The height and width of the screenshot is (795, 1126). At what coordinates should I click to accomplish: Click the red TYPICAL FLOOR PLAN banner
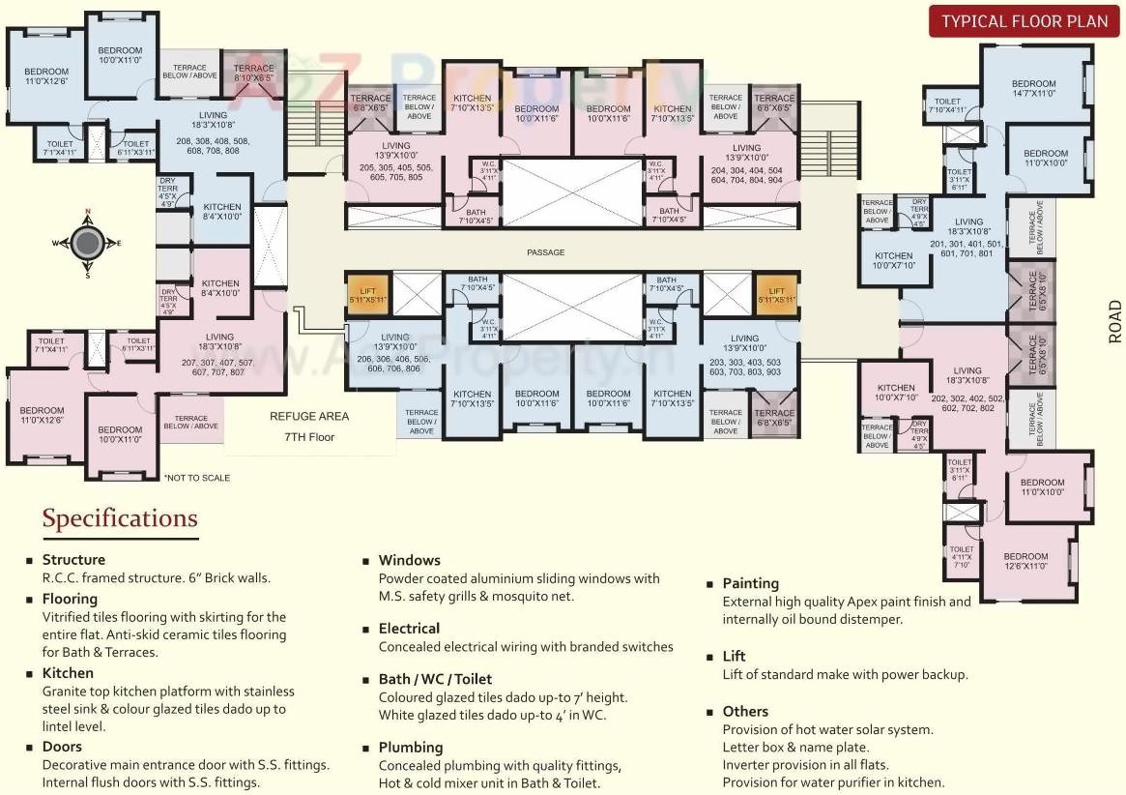pyautogui.click(x=1025, y=21)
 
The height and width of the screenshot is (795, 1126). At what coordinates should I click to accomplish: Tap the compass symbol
pyautogui.click(x=87, y=243)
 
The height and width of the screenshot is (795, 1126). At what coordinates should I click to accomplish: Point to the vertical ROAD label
pyautogui.click(x=1115, y=321)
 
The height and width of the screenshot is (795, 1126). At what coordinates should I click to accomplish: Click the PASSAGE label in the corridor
pyautogui.click(x=545, y=252)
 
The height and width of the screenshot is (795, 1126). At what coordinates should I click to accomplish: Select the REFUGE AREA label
pyautogui.click(x=309, y=417)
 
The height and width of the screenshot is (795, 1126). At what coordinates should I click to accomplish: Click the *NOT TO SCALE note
pyautogui.click(x=196, y=478)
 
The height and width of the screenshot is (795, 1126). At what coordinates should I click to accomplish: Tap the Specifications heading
pyautogui.click(x=120, y=518)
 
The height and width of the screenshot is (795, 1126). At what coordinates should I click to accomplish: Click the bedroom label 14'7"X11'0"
pyautogui.click(x=1033, y=90)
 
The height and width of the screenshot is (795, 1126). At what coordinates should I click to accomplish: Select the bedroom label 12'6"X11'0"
pyautogui.click(x=1025, y=562)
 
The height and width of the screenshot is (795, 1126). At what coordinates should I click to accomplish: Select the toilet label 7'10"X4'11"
pyautogui.click(x=947, y=106)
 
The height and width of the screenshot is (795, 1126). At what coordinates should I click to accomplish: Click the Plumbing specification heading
pyautogui.click(x=411, y=748)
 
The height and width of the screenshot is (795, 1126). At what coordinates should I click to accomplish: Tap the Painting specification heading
pyautogui.click(x=750, y=583)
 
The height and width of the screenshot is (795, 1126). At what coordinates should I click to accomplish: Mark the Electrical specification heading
pyautogui.click(x=409, y=629)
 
